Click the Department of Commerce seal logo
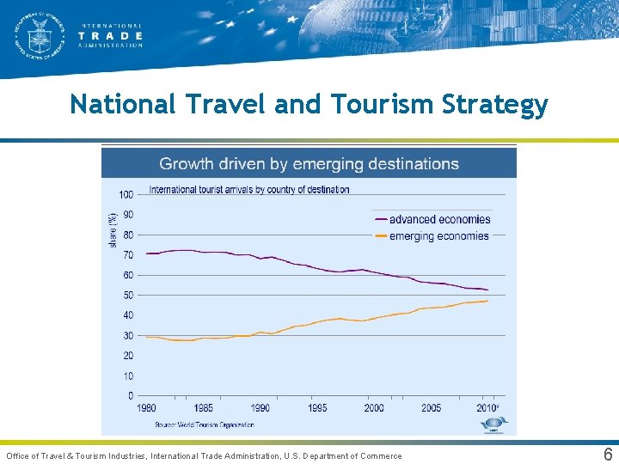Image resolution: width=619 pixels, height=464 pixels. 40,36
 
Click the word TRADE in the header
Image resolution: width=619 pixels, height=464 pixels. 111,36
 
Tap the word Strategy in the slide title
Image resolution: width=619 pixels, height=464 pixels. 494,105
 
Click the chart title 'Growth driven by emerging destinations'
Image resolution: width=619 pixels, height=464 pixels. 309,163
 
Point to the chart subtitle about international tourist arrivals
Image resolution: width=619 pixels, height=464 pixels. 249,189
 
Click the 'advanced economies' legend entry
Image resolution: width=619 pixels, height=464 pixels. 438,219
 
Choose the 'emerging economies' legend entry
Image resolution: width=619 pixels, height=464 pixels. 438,235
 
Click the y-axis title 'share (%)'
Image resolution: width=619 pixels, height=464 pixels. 113,231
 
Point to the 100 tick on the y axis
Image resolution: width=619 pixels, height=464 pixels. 126,194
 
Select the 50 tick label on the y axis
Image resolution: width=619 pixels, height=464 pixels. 127,295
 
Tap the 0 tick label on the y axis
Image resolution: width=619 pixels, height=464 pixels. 130,396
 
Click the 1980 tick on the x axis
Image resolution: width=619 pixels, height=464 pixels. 147,408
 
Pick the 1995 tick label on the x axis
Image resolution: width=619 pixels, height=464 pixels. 317,408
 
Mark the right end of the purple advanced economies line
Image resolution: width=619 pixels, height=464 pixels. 487,290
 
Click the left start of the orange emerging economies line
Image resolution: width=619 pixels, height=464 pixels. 147,337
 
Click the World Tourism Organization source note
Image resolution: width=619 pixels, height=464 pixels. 204,424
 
